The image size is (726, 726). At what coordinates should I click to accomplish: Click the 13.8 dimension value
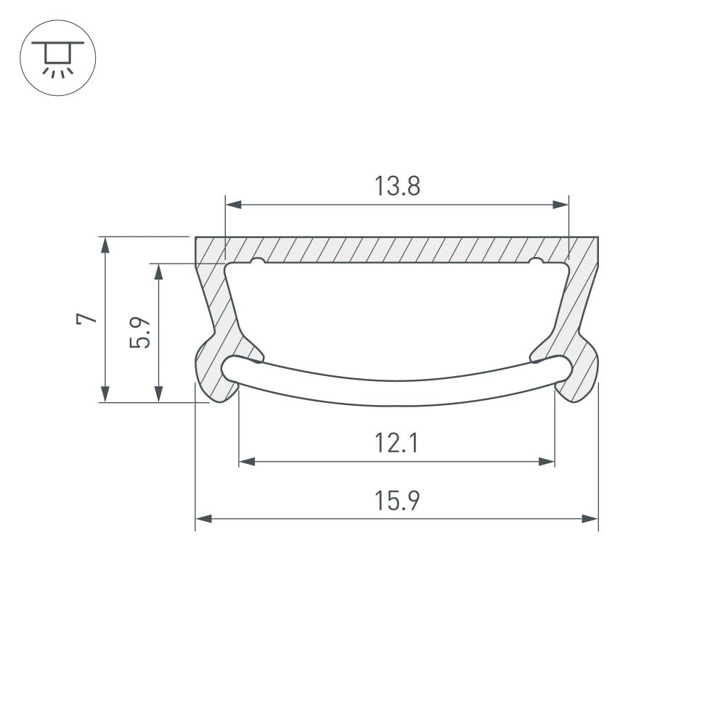coord(397,187)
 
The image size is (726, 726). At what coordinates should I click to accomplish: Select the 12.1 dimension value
coord(397,442)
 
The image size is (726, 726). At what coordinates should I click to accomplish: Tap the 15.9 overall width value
coord(397,501)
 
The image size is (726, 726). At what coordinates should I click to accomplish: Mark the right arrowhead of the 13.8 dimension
coord(561,205)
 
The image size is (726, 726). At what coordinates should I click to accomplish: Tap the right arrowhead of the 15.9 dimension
coord(591,519)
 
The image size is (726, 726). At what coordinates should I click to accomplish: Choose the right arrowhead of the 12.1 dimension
coord(547,461)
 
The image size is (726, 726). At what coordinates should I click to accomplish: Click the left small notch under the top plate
coord(258,261)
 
